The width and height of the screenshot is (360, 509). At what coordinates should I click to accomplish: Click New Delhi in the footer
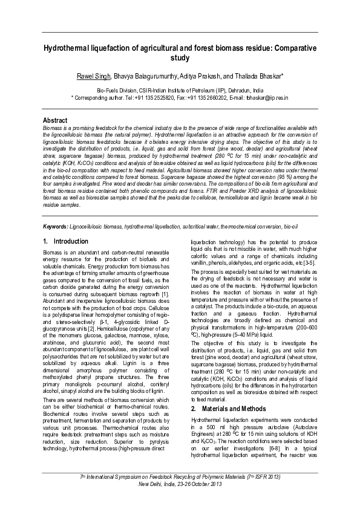click(151, 484)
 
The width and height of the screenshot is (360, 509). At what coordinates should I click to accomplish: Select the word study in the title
click(180, 57)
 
